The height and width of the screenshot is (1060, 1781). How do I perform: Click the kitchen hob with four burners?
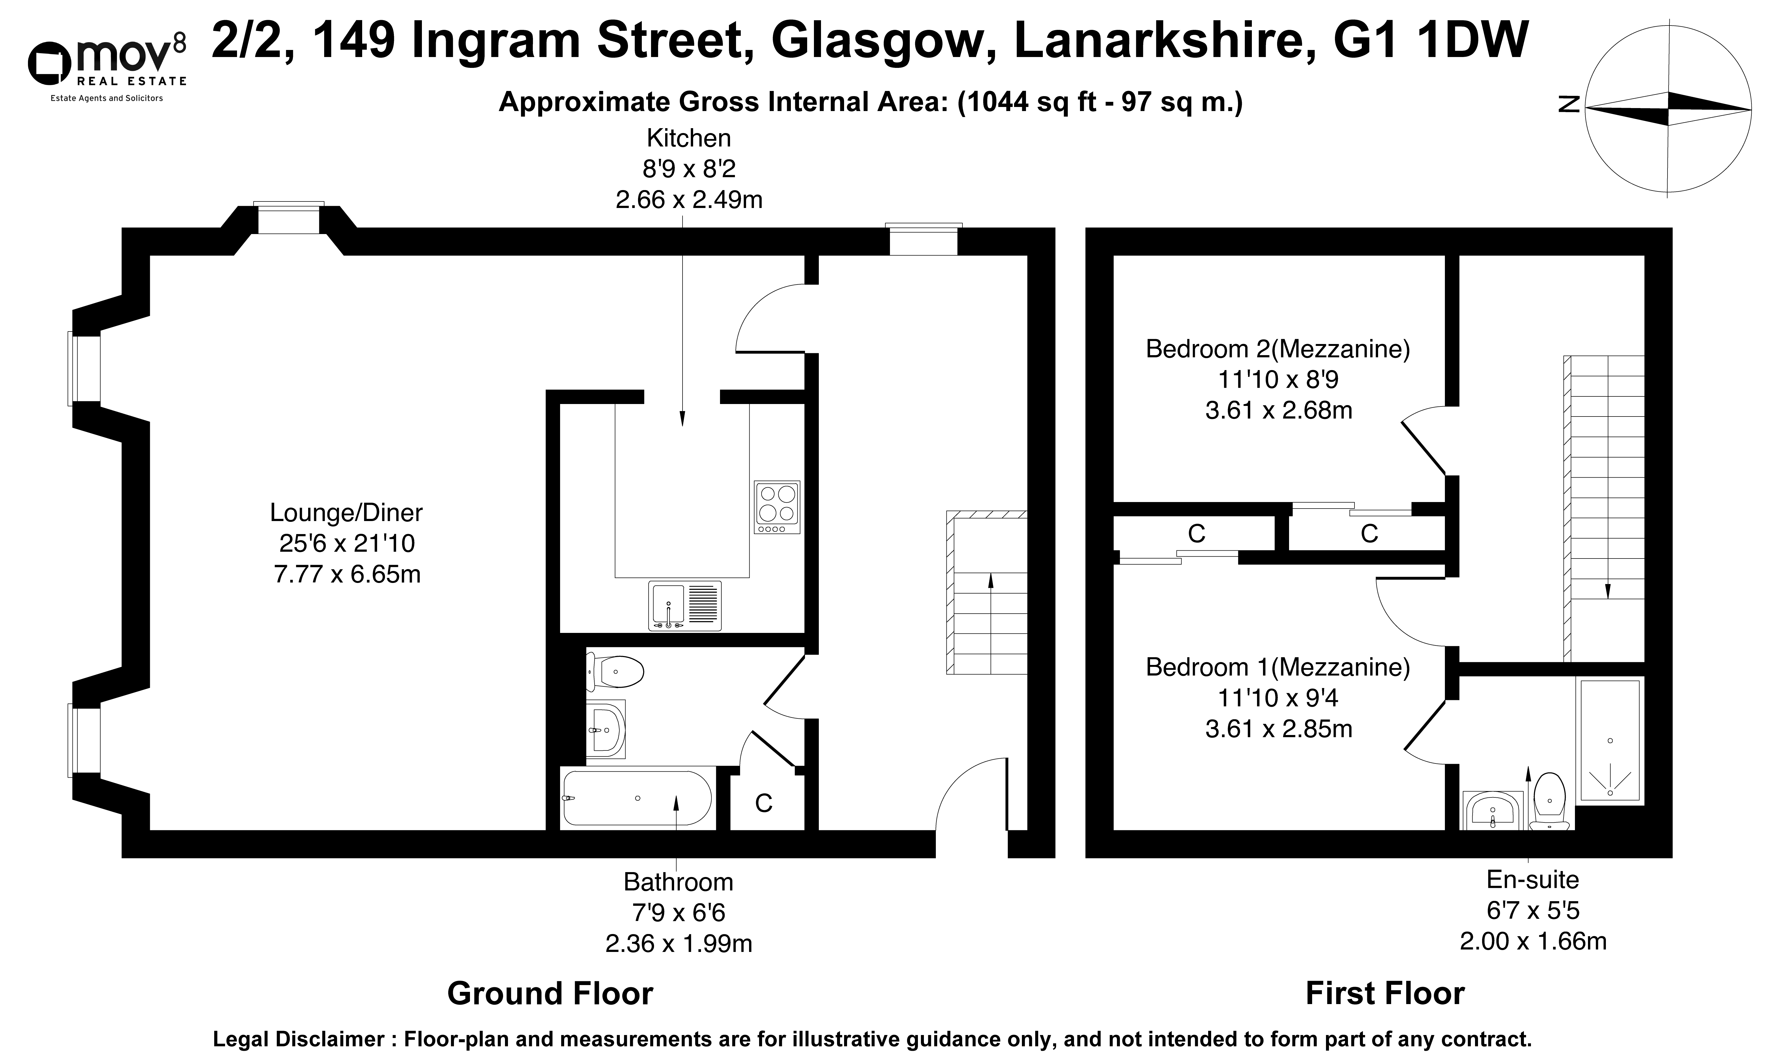click(777, 507)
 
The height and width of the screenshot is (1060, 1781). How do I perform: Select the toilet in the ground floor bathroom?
click(614, 671)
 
